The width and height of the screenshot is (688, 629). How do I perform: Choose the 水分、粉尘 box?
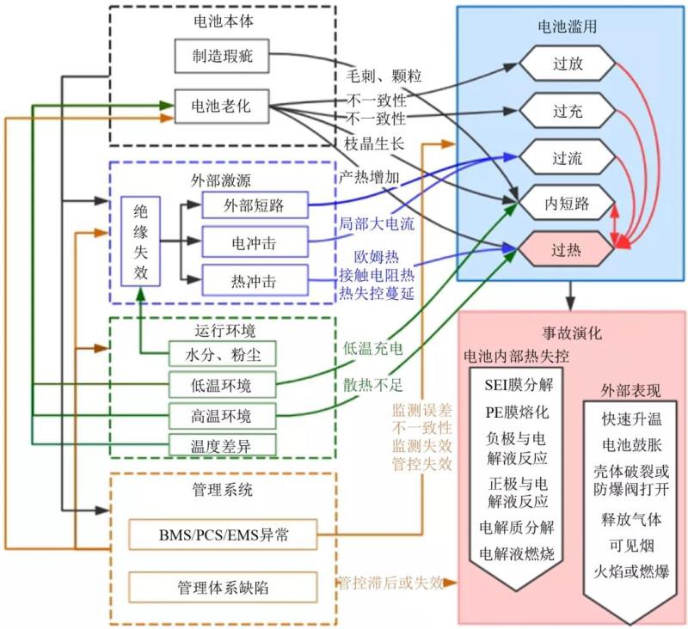pos(222,354)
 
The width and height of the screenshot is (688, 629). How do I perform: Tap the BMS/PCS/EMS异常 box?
pos(223,535)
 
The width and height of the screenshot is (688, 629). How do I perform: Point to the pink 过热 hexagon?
pos(568,251)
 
